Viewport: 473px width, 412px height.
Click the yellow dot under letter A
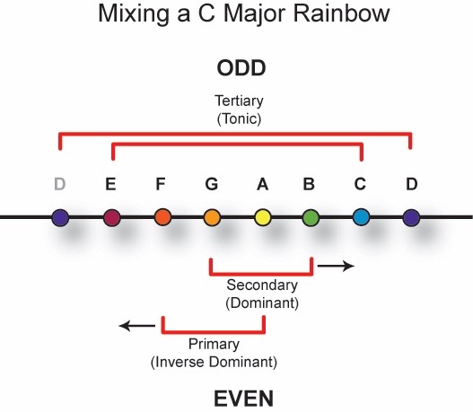pos(262,217)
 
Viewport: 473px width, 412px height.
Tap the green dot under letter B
pos(311,217)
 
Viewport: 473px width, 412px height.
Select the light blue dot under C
pos(361,217)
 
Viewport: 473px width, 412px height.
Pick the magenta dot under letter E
pos(112,217)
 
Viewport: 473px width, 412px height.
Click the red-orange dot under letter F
pos(162,217)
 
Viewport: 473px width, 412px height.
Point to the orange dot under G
pos(212,217)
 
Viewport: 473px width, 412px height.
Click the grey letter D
pos(60,184)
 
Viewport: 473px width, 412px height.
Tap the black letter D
pos(412,184)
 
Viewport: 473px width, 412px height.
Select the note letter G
pos(212,184)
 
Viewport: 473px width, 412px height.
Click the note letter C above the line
pos(360,184)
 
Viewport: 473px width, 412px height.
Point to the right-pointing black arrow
pos(336,266)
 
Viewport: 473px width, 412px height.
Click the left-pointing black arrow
pos(137,326)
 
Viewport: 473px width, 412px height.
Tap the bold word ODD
pos(241,68)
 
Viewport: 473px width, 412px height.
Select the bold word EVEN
pos(244,399)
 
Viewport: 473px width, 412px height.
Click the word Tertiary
pos(239,101)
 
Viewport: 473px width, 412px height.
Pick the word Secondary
pos(262,285)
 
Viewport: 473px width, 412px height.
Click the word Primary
pos(214,344)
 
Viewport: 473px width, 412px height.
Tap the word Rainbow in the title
pos(341,13)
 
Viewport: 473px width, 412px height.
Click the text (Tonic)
pos(239,118)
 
